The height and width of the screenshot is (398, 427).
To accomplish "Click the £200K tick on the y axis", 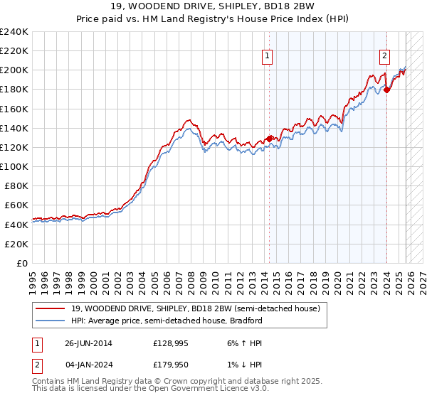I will (x=14, y=70).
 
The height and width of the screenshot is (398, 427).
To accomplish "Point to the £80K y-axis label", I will (x=16, y=185).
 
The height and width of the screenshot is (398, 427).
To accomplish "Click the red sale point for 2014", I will (x=269, y=139).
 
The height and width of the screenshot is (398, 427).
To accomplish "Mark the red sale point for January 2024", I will (x=386, y=90).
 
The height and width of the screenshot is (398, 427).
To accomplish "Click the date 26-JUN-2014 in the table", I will (x=88, y=343).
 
